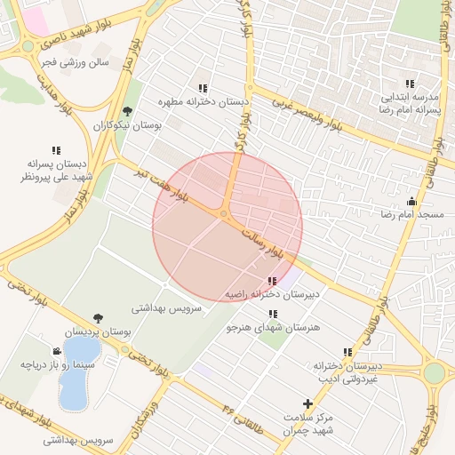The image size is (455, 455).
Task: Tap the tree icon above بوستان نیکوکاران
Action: (128, 111)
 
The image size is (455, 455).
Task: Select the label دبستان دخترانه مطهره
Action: (203, 102)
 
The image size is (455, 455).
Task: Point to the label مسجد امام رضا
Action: (411, 215)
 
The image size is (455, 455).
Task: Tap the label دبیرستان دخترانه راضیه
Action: (272, 293)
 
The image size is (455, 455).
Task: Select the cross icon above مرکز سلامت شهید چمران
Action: (307, 403)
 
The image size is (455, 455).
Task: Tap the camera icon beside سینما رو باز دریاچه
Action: (57, 351)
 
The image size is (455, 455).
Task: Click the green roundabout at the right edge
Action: (434, 373)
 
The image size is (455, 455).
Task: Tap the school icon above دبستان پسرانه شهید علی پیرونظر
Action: (57, 150)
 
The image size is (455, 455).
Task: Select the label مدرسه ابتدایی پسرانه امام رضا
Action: (411, 102)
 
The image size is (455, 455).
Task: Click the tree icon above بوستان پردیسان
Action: (97, 318)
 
